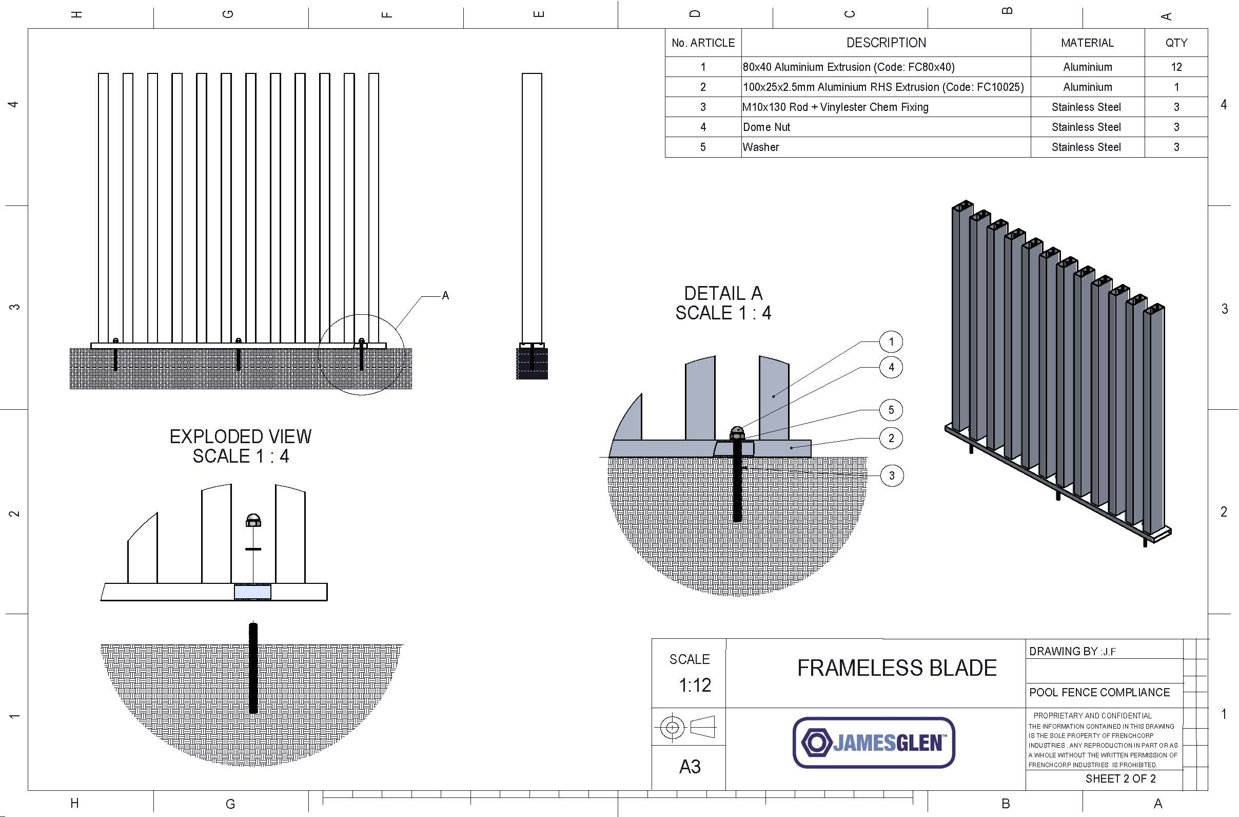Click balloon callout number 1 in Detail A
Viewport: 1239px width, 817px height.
[x=891, y=342]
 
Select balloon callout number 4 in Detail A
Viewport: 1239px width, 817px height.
[x=891, y=367]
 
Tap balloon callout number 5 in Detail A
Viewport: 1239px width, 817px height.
[x=891, y=410]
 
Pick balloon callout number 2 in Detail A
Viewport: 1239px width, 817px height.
[x=891, y=438]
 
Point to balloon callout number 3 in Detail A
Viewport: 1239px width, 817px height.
[x=891, y=476]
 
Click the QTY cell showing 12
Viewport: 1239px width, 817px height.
[x=1176, y=67]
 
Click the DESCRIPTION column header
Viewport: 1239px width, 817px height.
[x=886, y=43]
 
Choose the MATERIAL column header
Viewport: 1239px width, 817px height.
[x=1087, y=43]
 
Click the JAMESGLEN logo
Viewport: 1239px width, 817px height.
[x=874, y=743]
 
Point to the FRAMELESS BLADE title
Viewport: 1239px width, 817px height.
[x=896, y=668]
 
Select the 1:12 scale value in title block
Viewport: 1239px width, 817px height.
[x=695, y=685]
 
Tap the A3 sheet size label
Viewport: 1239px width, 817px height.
[x=690, y=767]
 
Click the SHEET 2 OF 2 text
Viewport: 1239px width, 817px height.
[x=1120, y=778]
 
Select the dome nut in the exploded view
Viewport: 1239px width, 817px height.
[x=253, y=520]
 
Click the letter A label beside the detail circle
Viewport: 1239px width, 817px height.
[x=445, y=295]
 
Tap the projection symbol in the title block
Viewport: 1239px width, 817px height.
[x=687, y=726]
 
